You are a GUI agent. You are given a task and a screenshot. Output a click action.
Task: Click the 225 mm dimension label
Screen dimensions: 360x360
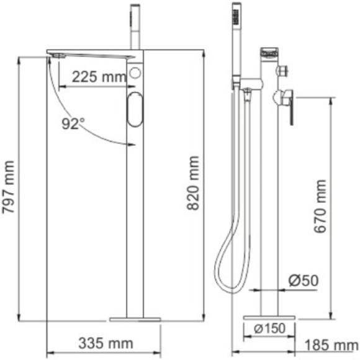pyautogui.click(x=97, y=78)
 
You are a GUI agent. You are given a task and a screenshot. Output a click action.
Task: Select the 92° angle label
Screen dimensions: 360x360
pyautogui.click(x=73, y=124)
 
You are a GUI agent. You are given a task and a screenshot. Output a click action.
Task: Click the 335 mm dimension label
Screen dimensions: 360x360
pyautogui.click(x=106, y=343)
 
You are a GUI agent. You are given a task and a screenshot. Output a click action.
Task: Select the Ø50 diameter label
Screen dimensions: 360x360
pyautogui.click(x=303, y=281)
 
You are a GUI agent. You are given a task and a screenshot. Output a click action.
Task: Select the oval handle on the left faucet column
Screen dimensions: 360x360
pyautogui.click(x=137, y=110)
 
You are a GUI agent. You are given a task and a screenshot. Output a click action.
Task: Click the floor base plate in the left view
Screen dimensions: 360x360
pyautogui.click(x=135, y=319)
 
